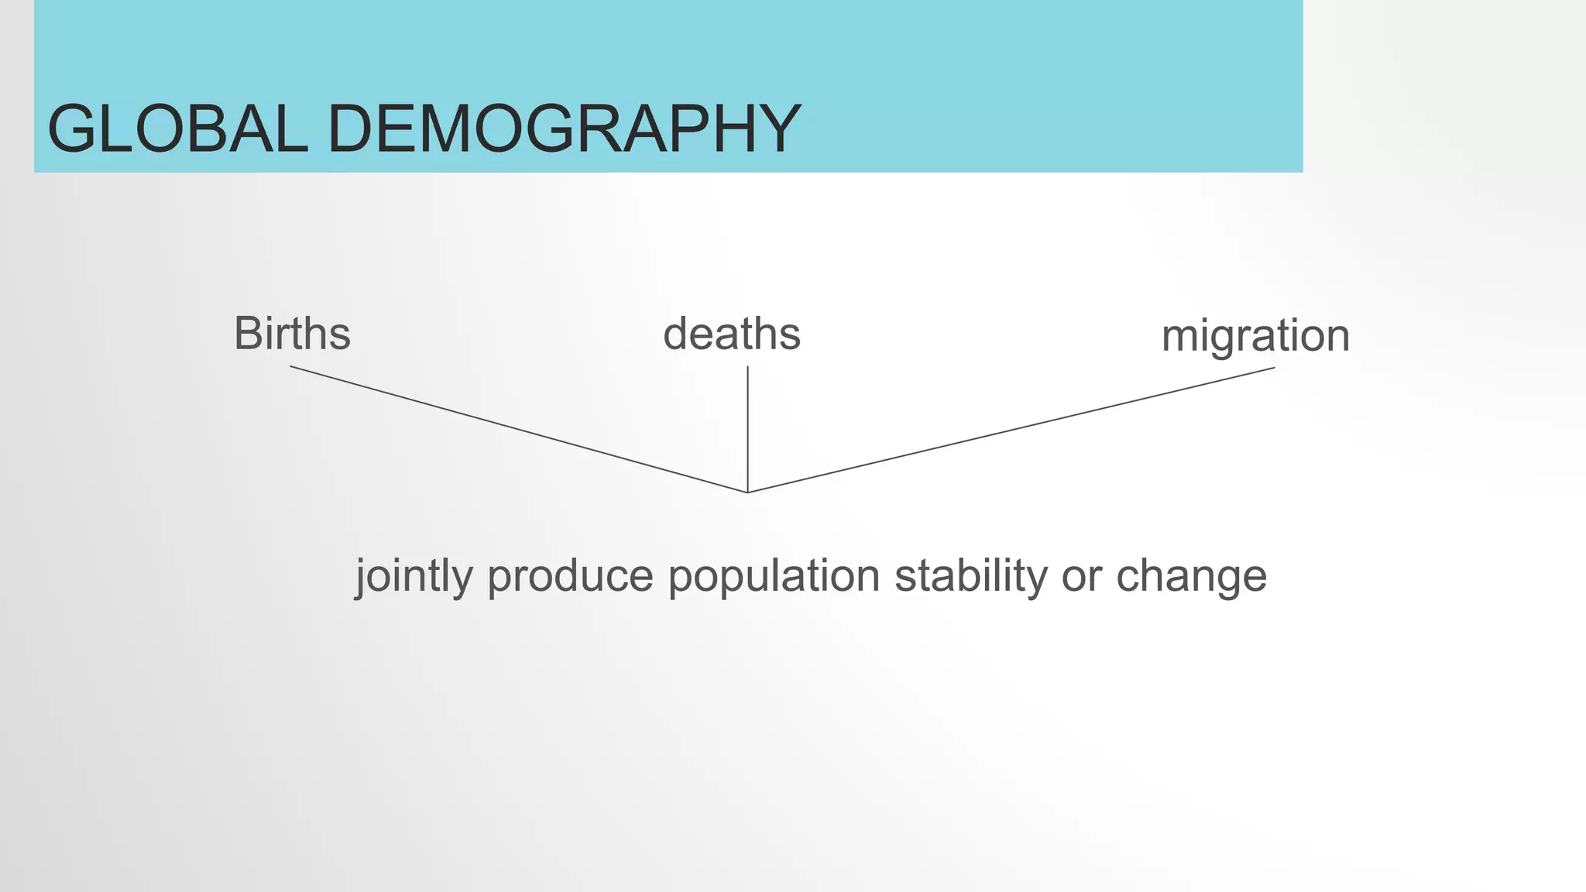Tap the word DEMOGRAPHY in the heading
(564, 129)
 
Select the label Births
(292, 334)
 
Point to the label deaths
(732, 334)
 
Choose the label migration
(1255, 336)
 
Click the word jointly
(414, 577)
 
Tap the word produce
(570, 577)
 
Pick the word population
(774, 577)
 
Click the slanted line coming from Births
(519, 429)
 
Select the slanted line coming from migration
(1011, 430)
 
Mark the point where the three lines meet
(747, 492)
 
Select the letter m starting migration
(1181, 338)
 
